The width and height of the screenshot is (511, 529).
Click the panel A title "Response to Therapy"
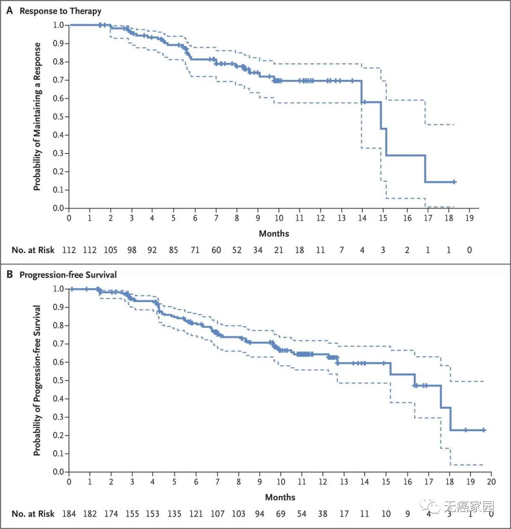(x=60, y=10)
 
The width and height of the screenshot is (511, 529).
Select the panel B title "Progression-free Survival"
(x=68, y=274)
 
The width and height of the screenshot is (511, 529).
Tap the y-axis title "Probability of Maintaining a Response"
(x=37, y=116)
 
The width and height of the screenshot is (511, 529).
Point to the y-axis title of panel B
(x=37, y=380)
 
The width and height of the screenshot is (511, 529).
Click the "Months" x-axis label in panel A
(x=273, y=233)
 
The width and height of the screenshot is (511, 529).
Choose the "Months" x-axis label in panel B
(x=280, y=497)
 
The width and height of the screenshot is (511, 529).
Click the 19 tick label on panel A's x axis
(x=469, y=218)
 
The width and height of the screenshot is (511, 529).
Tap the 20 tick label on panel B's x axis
(x=492, y=482)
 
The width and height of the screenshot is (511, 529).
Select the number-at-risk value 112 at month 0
(x=69, y=250)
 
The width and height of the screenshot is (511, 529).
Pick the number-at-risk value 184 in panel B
(x=69, y=513)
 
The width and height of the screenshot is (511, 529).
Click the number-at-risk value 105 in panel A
(x=111, y=250)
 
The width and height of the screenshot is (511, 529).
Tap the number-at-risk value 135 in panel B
(x=174, y=513)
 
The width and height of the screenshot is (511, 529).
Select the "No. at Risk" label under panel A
(x=33, y=250)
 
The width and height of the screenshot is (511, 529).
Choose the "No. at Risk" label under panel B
(x=33, y=513)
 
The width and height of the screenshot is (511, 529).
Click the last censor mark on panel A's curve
(x=454, y=182)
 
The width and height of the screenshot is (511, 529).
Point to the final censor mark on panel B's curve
(x=484, y=430)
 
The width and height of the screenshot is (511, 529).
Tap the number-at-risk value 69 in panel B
(x=280, y=513)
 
